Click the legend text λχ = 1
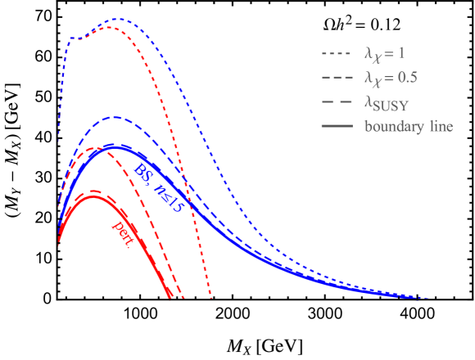(383, 54)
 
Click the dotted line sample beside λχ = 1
(337, 54)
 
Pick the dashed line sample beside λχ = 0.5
(337, 79)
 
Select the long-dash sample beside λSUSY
(337, 103)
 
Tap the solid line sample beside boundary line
(337, 127)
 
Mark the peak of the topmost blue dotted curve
(117, 18)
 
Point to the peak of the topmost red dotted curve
(113, 27)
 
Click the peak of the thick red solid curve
(92, 196)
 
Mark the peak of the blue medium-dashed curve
(115, 117)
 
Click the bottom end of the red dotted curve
(212, 298)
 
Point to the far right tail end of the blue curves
(427, 297)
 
